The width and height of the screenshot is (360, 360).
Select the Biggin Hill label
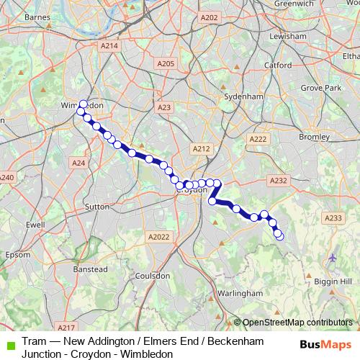click(x=336, y=281)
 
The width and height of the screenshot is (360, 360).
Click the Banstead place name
click(x=93, y=269)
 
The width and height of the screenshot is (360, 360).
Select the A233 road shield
click(x=333, y=218)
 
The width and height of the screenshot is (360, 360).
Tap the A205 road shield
click(x=166, y=64)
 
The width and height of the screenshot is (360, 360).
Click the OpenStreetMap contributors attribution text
click(x=299, y=323)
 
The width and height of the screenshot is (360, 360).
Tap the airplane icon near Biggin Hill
click(x=333, y=257)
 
